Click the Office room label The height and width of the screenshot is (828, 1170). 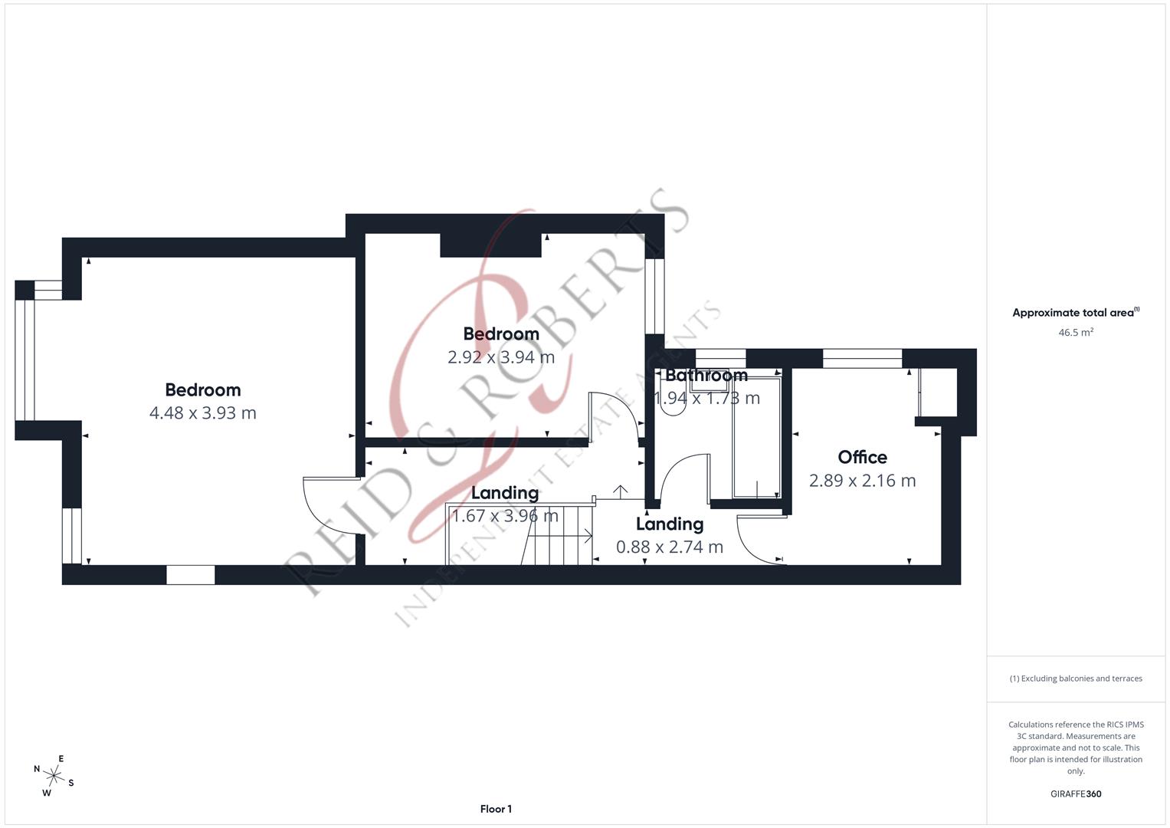tap(862, 458)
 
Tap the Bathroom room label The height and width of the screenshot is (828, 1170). tap(706, 376)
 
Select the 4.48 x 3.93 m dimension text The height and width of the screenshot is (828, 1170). tap(202, 413)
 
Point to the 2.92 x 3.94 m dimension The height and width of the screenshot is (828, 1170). tap(501, 357)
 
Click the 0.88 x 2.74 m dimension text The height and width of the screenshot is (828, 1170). tap(670, 547)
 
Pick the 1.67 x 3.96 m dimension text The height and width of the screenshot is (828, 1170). tap(505, 516)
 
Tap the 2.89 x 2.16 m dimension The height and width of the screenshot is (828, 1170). tap(862, 481)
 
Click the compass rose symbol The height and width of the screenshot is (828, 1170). tap(54, 775)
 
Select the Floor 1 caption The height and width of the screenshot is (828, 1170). tap(496, 809)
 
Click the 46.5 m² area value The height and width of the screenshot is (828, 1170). tap(1076, 333)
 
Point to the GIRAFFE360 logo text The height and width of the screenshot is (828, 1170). tap(1076, 793)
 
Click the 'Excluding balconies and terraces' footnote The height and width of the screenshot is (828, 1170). tap(1076, 678)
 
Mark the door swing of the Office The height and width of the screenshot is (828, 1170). tap(759, 541)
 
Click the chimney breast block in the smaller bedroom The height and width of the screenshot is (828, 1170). tap(490, 245)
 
